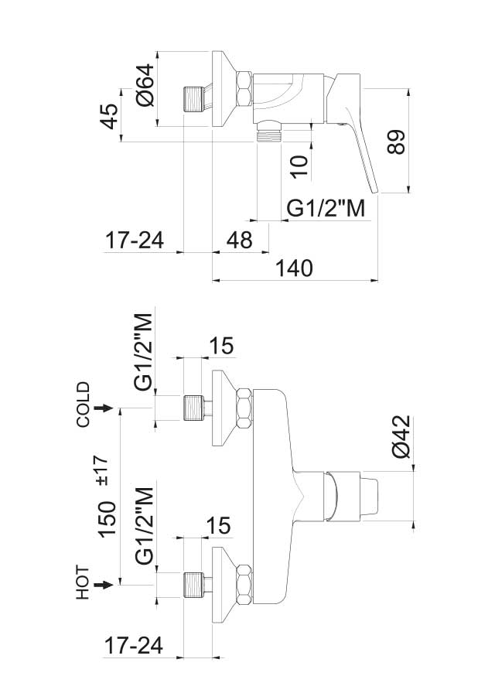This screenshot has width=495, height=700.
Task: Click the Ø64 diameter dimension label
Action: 145,87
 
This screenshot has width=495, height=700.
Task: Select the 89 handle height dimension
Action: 395,142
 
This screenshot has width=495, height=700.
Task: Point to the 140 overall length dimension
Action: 293,268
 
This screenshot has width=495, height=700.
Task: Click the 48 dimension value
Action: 238,241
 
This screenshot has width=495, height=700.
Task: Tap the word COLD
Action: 84,405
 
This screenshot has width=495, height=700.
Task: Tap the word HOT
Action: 84,583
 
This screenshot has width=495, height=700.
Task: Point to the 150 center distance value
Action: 108,518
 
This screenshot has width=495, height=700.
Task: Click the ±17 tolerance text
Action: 107,470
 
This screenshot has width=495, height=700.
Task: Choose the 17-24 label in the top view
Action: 135,241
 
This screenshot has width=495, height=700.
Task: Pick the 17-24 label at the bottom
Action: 135,646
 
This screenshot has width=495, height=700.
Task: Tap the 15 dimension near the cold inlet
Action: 220,346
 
